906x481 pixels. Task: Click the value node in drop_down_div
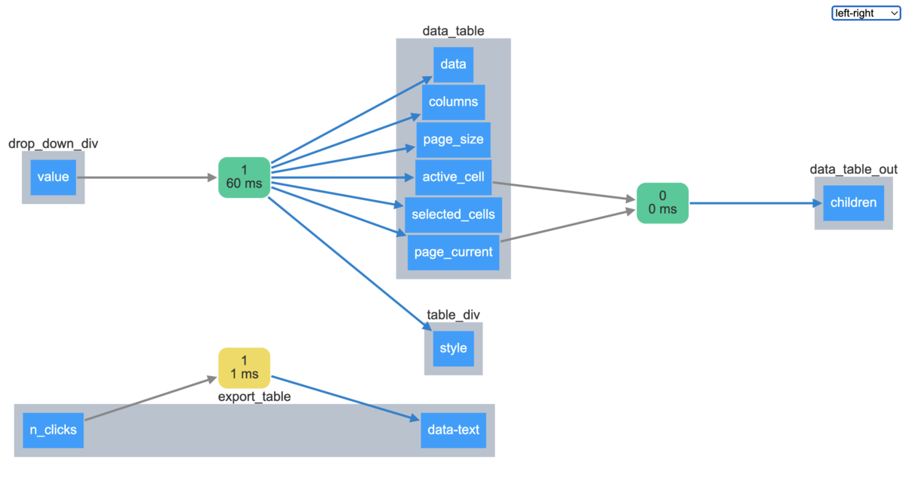tap(53, 177)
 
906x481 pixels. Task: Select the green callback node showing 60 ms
tap(244, 177)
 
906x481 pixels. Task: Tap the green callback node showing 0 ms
tap(662, 202)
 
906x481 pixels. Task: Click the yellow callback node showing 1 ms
tap(244, 367)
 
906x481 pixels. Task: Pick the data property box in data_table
tap(453, 64)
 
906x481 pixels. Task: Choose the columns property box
tap(453, 102)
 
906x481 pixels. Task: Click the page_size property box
tap(453, 140)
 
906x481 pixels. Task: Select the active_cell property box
tap(453, 177)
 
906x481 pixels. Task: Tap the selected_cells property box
tap(453, 214)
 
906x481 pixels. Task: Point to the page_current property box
tap(453, 252)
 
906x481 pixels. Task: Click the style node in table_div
tap(453, 349)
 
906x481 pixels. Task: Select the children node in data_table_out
tap(853, 202)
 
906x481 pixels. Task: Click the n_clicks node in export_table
tap(53, 430)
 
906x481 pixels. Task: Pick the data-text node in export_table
tap(453, 430)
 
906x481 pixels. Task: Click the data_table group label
tap(453, 31)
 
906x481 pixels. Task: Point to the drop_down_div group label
tap(53, 143)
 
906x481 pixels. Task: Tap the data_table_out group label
tap(853, 169)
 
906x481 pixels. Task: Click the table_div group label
tap(453, 315)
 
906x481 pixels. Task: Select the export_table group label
tap(254, 396)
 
